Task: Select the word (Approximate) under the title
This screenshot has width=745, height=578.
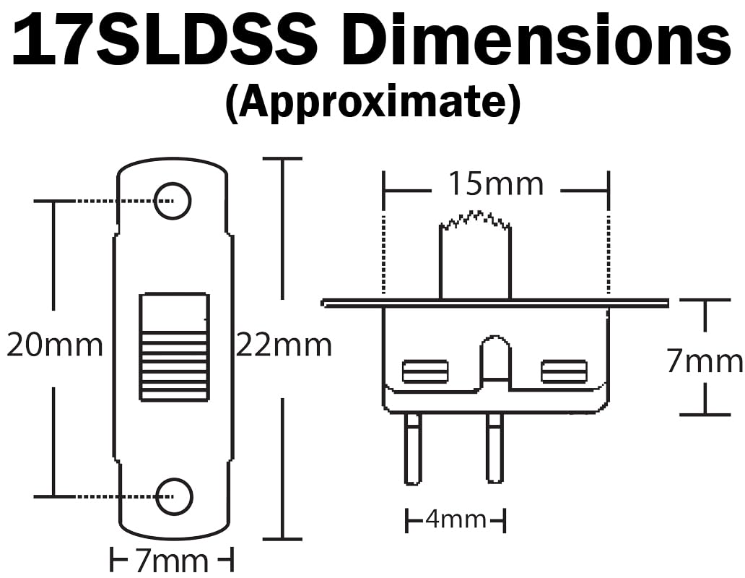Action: point(372,103)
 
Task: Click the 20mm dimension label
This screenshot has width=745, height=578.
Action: point(55,345)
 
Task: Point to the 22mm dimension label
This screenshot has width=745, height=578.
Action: point(284,345)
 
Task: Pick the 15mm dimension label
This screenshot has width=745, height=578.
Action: point(496,184)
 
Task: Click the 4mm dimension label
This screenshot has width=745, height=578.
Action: point(456,519)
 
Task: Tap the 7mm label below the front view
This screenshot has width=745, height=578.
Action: point(172,560)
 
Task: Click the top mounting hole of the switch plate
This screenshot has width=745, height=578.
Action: point(173,200)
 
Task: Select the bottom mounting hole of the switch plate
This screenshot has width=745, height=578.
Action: point(174,496)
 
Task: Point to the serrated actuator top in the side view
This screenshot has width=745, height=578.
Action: point(476,220)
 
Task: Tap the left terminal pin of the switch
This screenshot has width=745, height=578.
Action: point(412,448)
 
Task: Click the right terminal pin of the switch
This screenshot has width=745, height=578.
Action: point(495,448)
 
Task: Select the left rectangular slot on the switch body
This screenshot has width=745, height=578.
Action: point(425,371)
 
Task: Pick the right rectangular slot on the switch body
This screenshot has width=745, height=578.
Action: point(564,371)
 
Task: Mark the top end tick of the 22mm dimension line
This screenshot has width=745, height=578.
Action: point(281,158)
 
